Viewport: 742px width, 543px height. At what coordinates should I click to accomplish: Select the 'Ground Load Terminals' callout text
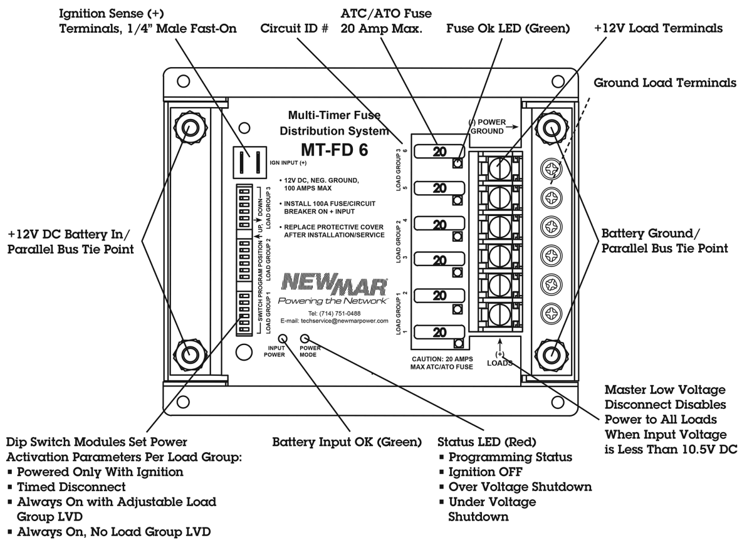pyautogui.click(x=670, y=82)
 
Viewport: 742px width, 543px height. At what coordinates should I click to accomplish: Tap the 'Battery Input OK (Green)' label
pyautogui.click(x=346, y=442)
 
